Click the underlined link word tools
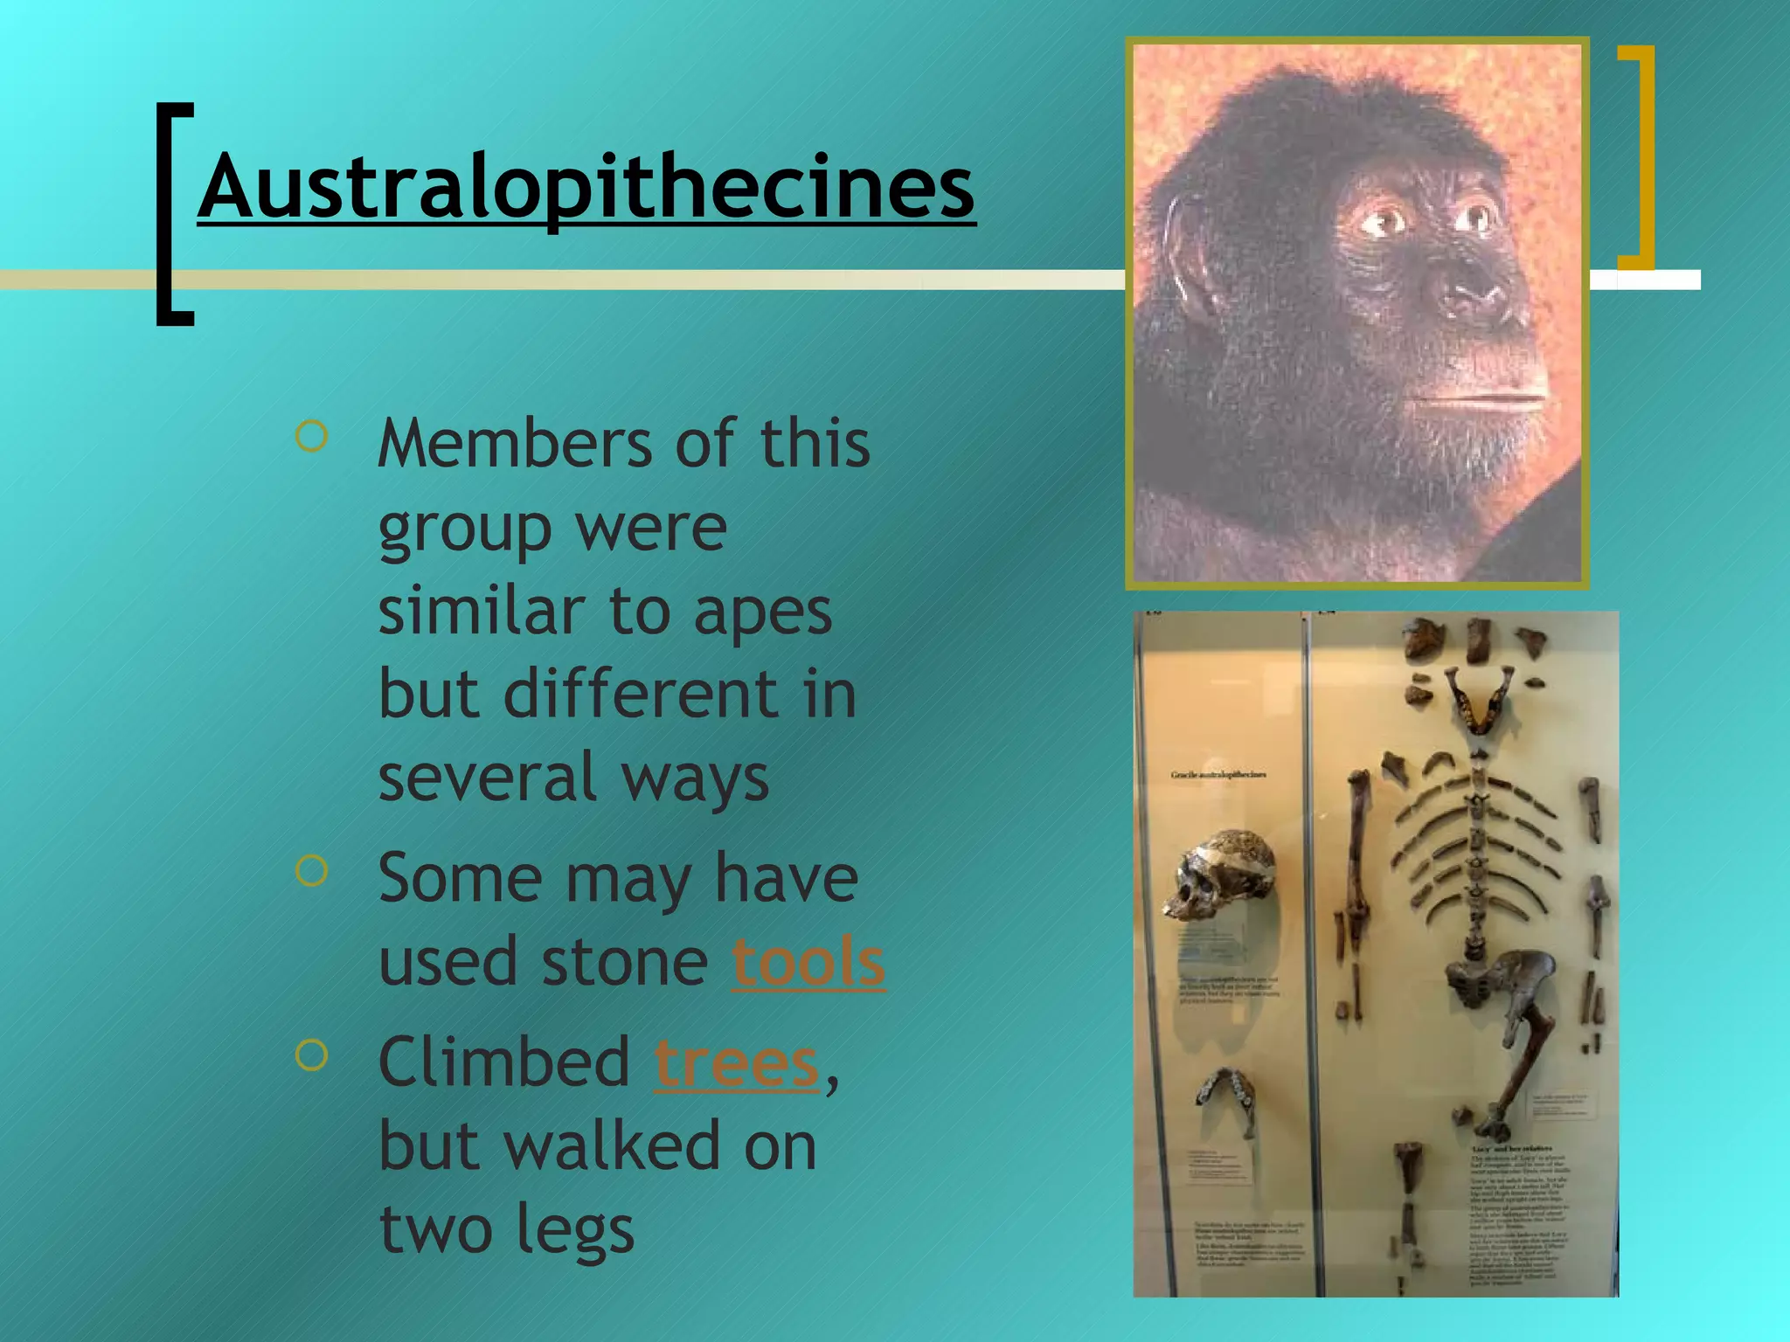click(808, 962)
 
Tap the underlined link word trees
click(736, 1062)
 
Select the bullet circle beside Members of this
click(312, 436)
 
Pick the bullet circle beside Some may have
click(312, 870)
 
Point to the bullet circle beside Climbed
click(312, 1055)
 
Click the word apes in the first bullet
click(762, 612)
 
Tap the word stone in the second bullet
click(624, 962)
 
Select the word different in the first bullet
click(641, 695)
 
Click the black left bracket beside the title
click(173, 214)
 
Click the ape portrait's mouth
click(1477, 400)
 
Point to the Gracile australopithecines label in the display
click(1218, 774)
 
